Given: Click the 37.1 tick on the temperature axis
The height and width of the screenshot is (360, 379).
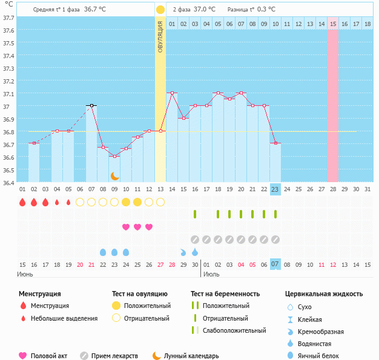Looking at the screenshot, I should (8, 94).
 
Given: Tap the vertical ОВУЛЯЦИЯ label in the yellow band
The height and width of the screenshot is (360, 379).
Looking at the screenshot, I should (160, 36).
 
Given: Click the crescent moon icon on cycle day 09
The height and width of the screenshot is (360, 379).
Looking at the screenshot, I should (114, 175).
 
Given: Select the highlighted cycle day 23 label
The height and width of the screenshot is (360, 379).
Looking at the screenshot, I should (275, 189).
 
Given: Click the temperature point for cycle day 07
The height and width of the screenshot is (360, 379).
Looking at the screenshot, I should (91, 105).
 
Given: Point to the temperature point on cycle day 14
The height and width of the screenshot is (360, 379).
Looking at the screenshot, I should (172, 93).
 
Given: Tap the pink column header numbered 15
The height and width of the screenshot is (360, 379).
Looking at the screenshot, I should (333, 24).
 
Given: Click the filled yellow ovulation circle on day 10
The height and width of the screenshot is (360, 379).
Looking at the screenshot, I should (126, 201).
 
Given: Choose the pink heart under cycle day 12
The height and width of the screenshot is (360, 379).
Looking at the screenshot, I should (149, 227).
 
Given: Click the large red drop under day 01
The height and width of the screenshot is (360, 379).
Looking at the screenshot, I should (22, 201).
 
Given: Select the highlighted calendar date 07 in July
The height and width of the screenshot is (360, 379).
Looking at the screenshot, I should (275, 264).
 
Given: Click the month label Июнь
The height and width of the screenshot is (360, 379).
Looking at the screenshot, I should (25, 274).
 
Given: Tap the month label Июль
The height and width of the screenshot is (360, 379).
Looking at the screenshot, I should (211, 274).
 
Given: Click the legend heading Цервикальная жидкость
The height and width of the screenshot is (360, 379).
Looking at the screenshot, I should (324, 294).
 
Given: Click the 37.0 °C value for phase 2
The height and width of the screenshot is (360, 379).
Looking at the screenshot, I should (204, 10).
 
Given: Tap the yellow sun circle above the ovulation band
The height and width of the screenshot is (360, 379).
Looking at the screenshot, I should (160, 10).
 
